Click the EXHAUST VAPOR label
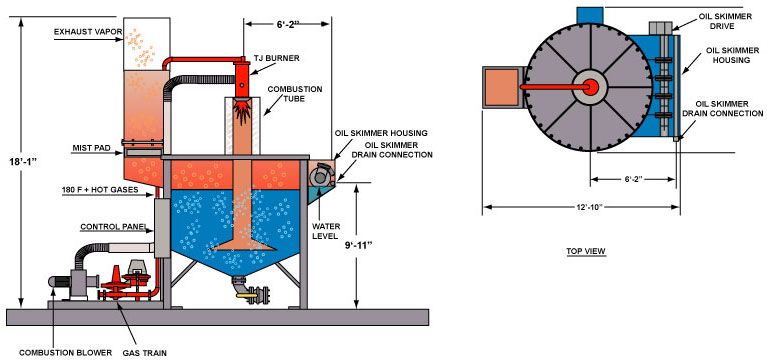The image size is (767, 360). [88, 32]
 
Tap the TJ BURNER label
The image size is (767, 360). [276, 58]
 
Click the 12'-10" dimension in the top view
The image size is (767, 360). [587, 207]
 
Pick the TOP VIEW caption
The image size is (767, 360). [586, 251]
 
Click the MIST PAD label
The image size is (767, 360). [89, 147]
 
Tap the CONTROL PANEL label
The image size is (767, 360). [113, 227]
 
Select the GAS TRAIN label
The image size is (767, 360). [144, 353]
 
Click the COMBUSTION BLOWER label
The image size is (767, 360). [66, 353]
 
